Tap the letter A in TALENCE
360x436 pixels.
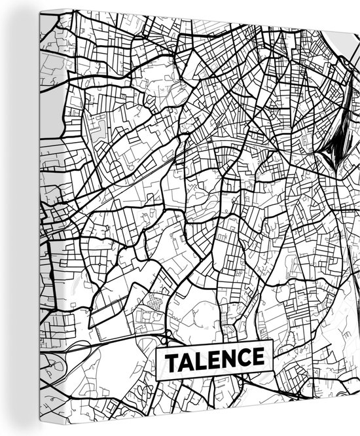tap(185, 359)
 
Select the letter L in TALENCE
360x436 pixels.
tap(198, 359)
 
